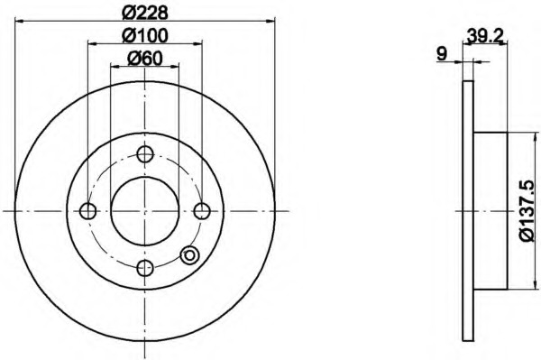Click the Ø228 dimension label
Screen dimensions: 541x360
pos(145,13)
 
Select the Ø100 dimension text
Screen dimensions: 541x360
pos(145,35)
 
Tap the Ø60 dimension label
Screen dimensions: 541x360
pos(145,59)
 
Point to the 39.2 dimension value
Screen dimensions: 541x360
pos(485,35)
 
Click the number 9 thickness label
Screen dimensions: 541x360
pos(442,54)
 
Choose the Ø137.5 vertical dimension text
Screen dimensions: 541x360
pos(527,210)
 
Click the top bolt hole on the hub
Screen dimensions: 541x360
pos(145,154)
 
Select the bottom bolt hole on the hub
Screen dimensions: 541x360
pos(145,268)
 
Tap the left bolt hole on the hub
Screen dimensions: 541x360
pos(87,211)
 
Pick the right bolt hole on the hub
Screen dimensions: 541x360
pos(202,211)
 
